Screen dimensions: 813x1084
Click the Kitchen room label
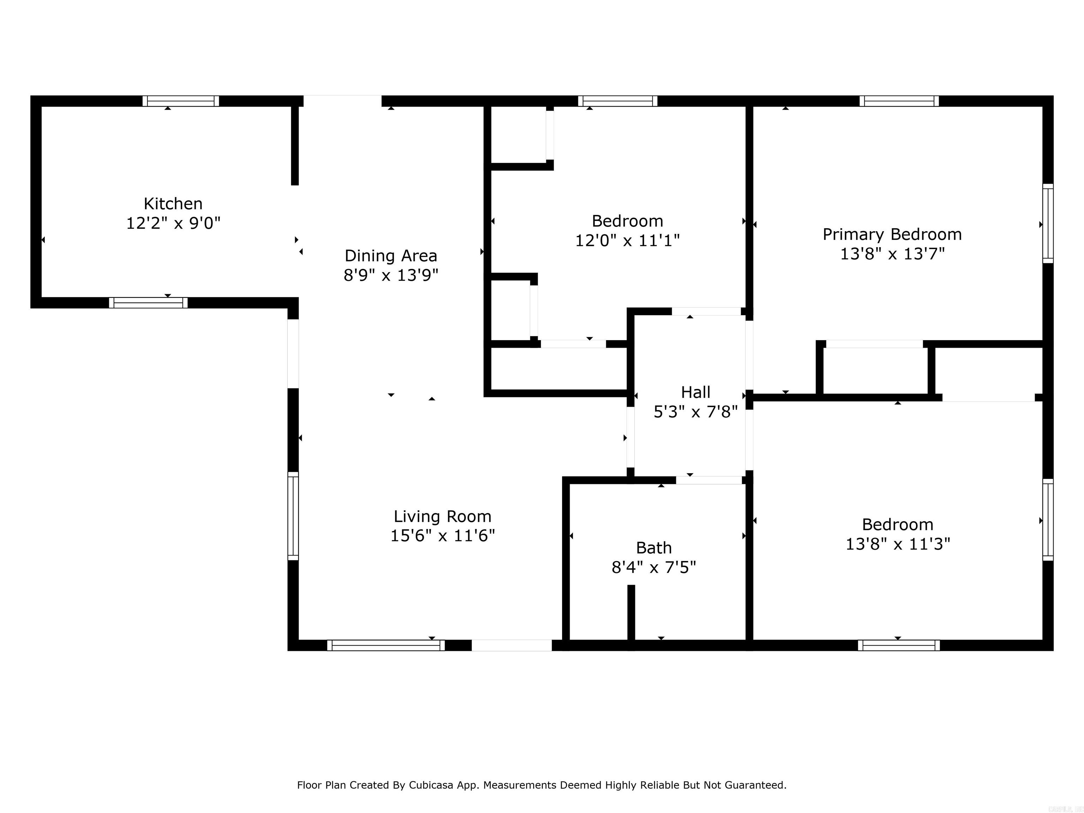point(173,203)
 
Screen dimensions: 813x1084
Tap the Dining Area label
point(391,255)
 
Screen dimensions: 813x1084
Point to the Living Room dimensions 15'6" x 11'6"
point(442,536)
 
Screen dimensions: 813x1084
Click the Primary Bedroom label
point(892,234)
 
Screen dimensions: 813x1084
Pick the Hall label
point(695,392)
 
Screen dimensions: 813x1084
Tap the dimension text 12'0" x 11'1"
point(627,241)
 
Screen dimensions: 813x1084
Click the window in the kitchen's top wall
point(181,101)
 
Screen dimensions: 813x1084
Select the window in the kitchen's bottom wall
point(148,303)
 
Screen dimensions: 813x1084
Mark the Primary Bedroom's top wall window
point(899,101)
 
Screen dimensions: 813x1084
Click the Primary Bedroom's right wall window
point(1047,223)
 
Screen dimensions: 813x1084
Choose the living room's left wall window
point(293,516)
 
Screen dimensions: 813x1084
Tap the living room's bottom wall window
point(386,645)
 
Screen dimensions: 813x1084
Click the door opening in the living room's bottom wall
point(511,645)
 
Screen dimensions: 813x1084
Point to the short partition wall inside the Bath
point(631,612)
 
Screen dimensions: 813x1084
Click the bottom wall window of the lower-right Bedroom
point(899,645)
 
